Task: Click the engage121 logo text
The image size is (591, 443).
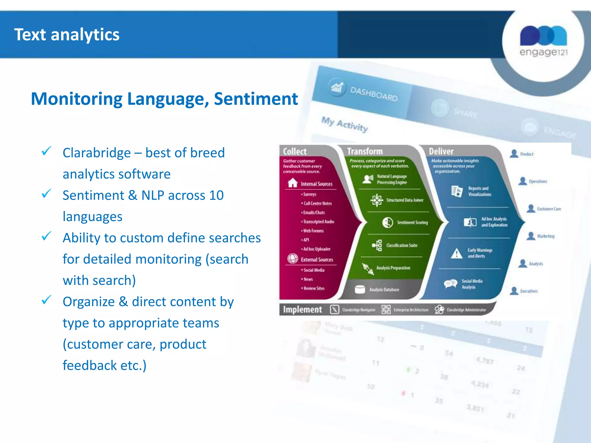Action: [x=543, y=52]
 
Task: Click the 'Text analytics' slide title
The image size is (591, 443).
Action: [x=67, y=35]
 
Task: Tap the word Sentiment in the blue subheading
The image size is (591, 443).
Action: [x=256, y=99]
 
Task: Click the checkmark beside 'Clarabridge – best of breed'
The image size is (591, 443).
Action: [x=46, y=151]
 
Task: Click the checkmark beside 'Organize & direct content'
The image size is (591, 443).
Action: [x=46, y=300]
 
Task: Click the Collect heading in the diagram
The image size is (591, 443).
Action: [x=294, y=151]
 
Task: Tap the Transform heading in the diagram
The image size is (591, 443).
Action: [x=365, y=151]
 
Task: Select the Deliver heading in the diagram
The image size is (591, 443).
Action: [x=441, y=151]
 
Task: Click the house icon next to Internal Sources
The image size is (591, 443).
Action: [x=293, y=183]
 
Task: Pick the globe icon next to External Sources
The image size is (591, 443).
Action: [x=293, y=258]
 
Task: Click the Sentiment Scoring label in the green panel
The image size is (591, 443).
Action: [x=412, y=222]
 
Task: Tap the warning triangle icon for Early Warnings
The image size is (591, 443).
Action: [x=457, y=254]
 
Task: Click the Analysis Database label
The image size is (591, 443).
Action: [x=384, y=290]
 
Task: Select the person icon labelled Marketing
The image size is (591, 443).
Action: [x=531, y=236]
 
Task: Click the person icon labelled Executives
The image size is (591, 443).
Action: [x=514, y=291]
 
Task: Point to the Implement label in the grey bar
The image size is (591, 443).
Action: [x=302, y=309]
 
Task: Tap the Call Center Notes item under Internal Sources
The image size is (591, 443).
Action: [x=317, y=203]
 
